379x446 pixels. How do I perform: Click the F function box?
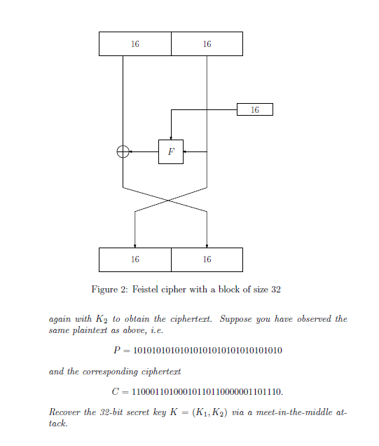coord(171,151)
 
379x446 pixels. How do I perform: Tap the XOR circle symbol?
coord(123,151)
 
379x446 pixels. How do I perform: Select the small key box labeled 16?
coord(254,109)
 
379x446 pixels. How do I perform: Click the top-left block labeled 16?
coord(135,43)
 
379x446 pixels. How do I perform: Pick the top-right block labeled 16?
coord(207,43)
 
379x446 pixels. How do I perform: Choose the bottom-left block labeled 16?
coord(135,259)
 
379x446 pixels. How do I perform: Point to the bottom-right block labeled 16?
coord(207,259)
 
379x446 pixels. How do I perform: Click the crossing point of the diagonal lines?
coord(167,200)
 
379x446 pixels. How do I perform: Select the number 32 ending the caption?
coord(276,290)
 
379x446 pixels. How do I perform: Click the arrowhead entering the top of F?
coord(171,137)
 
